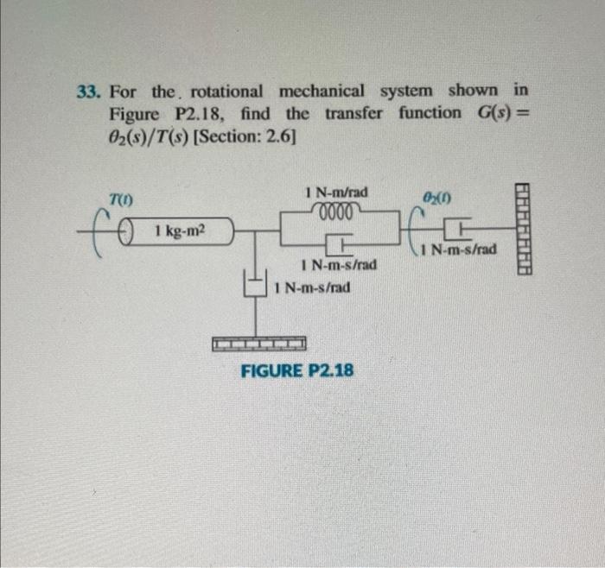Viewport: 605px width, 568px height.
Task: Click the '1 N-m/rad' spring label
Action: (335, 191)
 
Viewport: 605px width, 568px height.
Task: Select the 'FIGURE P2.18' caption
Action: (296, 371)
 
